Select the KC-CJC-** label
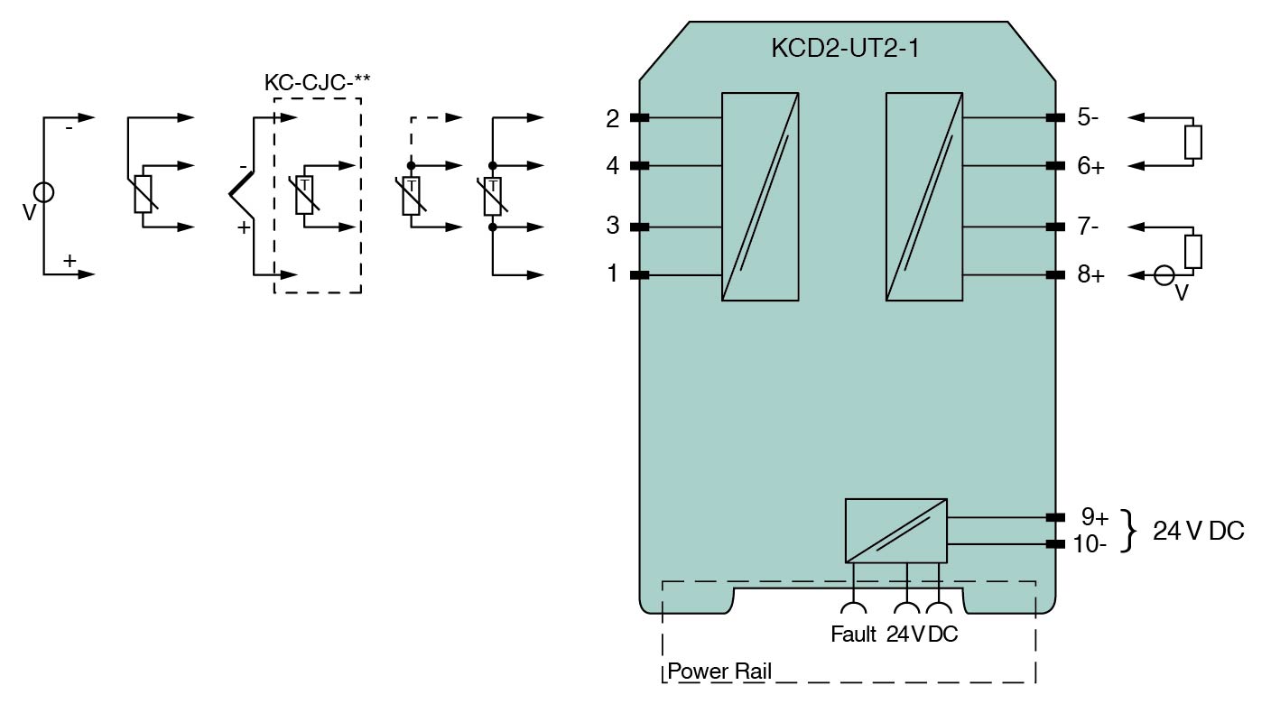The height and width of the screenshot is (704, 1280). pos(317,82)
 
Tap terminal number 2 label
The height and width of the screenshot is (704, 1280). pos(613,118)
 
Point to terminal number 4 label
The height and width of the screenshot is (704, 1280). pos(613,166)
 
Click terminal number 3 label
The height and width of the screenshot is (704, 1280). pos(613,226)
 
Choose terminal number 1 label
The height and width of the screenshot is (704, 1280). pos(613,273)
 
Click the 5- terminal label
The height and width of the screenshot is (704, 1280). pos(1088,117)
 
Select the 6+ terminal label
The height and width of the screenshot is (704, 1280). pos(1090,166)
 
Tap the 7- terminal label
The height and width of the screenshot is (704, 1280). pos(1088,226)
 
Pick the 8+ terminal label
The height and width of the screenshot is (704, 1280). pos(1090,274)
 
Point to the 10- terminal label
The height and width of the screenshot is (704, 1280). pos(1090,544)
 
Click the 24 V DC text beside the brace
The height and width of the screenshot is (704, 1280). pos(1198,532)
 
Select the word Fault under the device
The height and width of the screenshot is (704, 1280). pos(853,635)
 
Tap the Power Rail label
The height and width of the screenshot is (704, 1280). pos(719,672)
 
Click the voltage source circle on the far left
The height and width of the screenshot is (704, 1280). pos(43,192)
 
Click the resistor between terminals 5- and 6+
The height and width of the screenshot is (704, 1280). pos(1193,142)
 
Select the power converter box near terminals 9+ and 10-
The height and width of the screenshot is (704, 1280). pos(895,531)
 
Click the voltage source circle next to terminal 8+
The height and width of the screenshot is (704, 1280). pos(1165,275)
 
